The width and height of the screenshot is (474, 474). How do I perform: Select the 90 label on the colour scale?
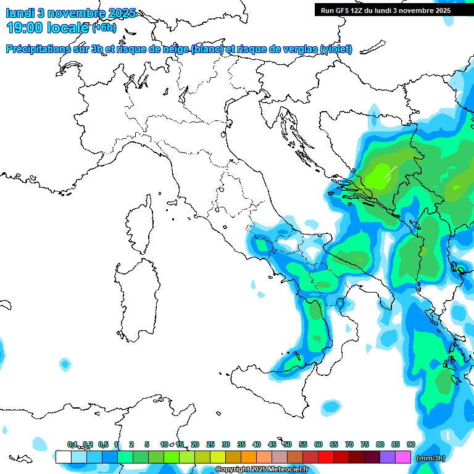tap(410, 444)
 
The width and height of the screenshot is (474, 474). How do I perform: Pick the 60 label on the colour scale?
tap(318, 444)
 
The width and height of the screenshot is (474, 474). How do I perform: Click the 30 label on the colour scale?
tap(225, 444)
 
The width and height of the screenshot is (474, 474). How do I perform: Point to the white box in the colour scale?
tap(63, 457)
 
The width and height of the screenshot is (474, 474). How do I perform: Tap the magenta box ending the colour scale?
tap(403, 457)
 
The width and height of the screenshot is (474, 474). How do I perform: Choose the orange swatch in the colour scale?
tap(249, 457)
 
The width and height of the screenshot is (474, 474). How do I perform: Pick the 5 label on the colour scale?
tap(147, 444)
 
